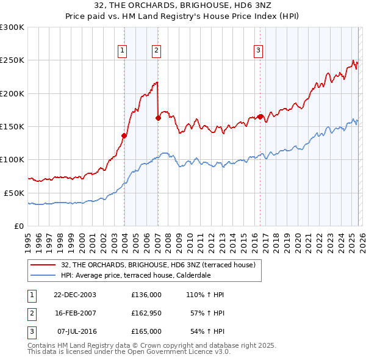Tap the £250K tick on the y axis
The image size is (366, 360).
[x=12, y=60]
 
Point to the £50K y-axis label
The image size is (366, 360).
[x=14, y=193]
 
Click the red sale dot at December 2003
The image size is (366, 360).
[x=124, y=135]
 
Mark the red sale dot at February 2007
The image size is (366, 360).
[x=158, y=118]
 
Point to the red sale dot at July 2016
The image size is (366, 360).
[x=260, y=117]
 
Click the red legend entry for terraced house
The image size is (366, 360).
[x=161, y=264]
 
